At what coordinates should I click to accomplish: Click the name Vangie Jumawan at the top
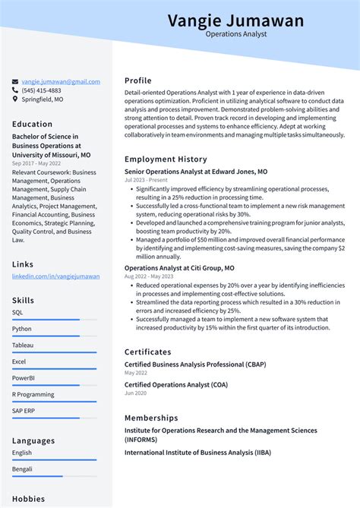click(x=235, y=20)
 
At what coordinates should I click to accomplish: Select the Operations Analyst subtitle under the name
click(x=235, y=34)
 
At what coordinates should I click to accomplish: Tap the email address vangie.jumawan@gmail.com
click(x=61, y=81)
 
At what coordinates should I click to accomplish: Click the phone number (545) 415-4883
click(x=42, y=90)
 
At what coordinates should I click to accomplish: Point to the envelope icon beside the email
click(x=15, y=81)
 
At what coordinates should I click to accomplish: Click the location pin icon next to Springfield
click(x=15, y=99)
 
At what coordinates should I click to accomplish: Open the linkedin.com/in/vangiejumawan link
click(x=55, y=276)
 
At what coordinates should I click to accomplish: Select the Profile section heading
click(x=138, y=80)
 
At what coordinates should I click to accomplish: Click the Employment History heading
click(x=166, y=159)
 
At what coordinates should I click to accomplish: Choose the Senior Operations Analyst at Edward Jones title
click(x=196, y=172)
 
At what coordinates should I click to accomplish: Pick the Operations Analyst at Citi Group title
click(x=179, y=268)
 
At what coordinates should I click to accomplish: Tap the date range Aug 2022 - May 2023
click(x=149, y=276)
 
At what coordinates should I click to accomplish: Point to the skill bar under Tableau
click(x=46, y=352)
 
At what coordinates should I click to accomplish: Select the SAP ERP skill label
click(x=24, y=411)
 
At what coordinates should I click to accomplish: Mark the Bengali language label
click(x=23, y=469)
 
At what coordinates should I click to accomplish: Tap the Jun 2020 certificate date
click(x=136, y=393)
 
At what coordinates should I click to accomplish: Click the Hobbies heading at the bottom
click(x=28, y=499)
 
